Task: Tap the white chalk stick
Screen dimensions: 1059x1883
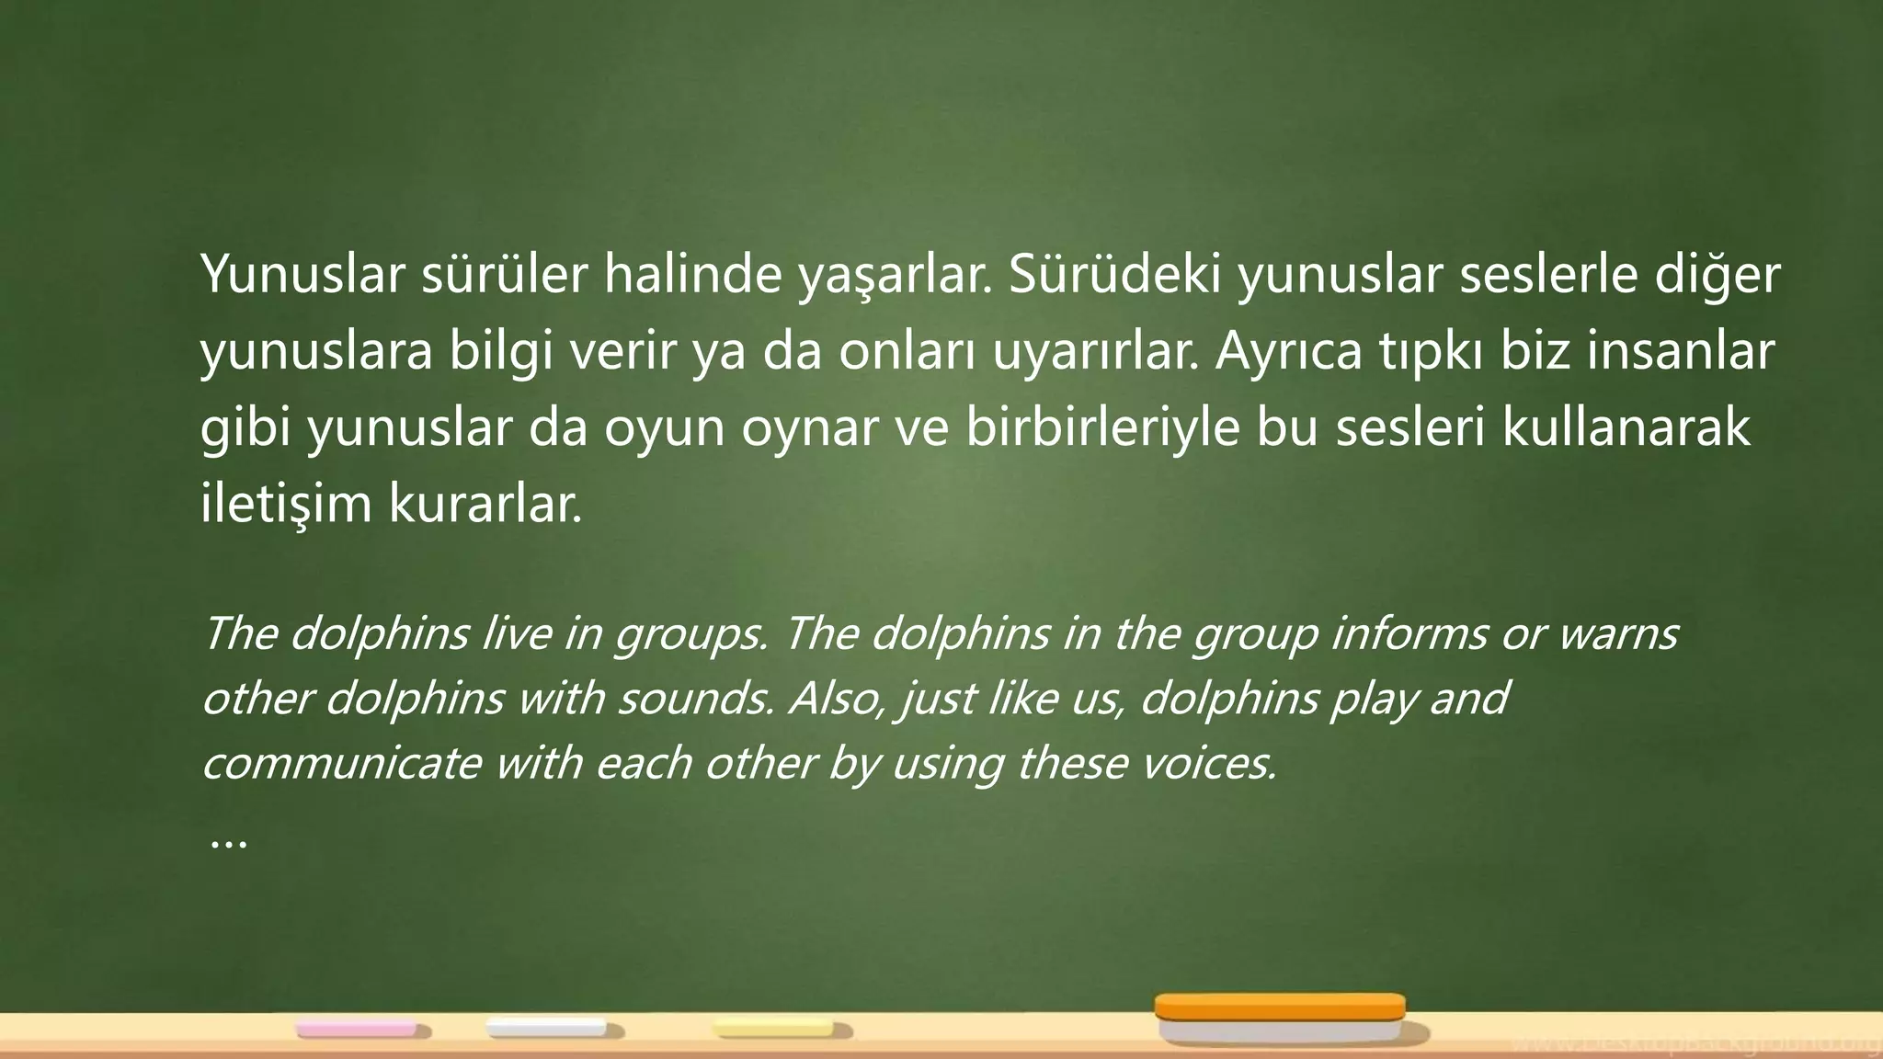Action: [x=546, y=1028]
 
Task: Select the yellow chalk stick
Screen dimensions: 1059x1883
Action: [x=775, y=1028]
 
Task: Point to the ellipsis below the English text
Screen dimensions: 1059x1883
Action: [x=228, y=840]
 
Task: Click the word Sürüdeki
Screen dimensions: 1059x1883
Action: [x=1113, y=275]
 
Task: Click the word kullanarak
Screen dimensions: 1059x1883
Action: [x=1626, y=428]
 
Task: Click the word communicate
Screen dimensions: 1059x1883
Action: [x=341, y=763]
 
